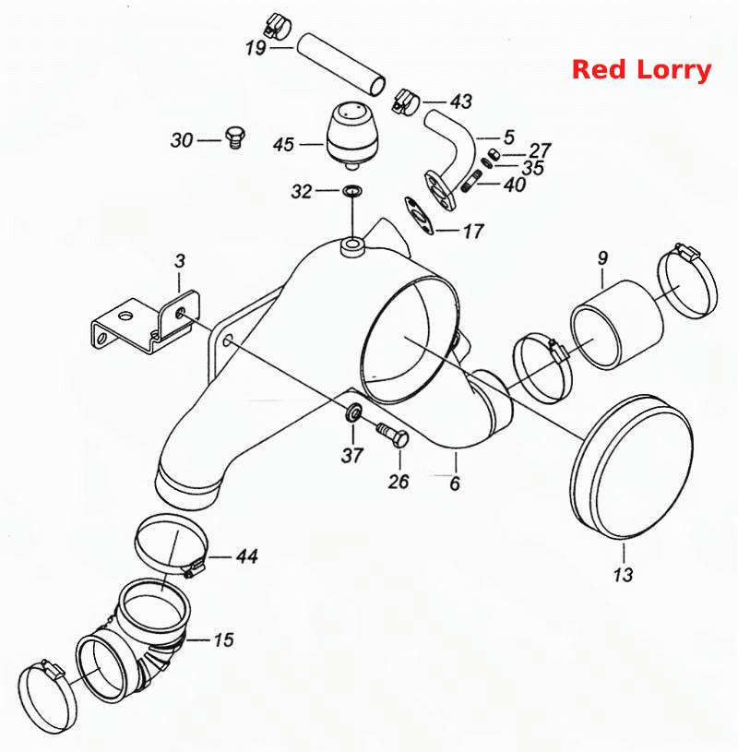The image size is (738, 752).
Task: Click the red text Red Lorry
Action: pos(641,70)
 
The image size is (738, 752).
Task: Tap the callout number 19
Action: pos(256,48)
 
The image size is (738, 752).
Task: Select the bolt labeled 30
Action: pos(234,137)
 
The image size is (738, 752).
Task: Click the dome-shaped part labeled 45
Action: pos(352,136)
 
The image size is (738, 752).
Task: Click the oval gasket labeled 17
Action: pos(420,215)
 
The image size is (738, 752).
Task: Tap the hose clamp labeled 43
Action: pos(406,101)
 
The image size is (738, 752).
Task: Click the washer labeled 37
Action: pos(353,412)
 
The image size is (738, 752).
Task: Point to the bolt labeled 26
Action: pos(393,434)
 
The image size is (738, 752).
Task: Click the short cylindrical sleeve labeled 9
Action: pos(616,324)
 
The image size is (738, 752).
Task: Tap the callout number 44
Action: pos(247,556)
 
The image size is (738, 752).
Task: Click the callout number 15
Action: pos(223,639)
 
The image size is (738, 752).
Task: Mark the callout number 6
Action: pos(455,483)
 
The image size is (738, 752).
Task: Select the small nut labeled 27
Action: pos(494,153)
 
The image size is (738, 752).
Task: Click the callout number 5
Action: pos(509,137)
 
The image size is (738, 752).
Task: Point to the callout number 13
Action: pos(623,574)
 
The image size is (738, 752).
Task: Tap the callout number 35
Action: pos(533,168)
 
